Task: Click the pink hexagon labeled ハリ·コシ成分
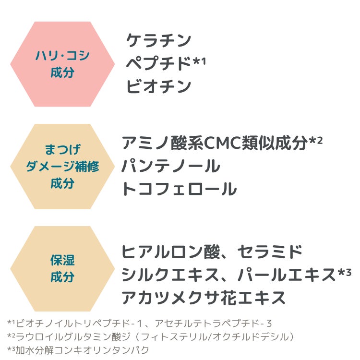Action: click(x=62, y=64)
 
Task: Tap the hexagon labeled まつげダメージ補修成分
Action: click(x=62, y=167)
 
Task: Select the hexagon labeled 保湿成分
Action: click(x=62, y=269)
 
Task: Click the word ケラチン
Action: click(x=158, y=40)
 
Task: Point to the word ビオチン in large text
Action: click(x=158, y=86)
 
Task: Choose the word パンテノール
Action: click(x=171, y=166)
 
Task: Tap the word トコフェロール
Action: click(x=179, y=189)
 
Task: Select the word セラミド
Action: click(x=270, y=252)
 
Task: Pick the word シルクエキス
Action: click(x=170, y=275)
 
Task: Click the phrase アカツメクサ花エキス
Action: click(x=204, y=298)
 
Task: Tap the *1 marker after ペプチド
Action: click(x=199, y=61)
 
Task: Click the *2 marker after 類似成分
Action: click(x=316, y=140)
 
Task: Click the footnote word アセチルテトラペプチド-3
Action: click(x=214, y=323)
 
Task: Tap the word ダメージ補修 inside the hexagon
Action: click(x=62, y=167)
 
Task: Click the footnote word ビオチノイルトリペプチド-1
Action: click(x=79, y=323)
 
